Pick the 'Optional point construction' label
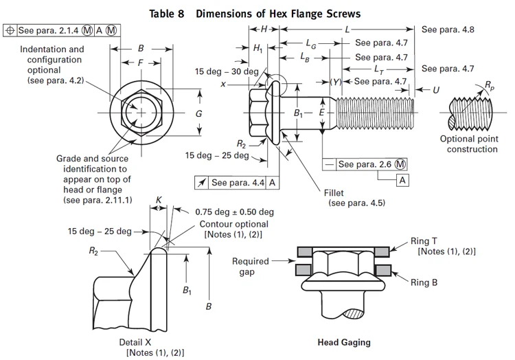(x=468, y=144)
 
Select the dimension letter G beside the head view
(x=198, y=114)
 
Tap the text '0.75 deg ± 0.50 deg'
(x=234, y=212)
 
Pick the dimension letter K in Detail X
(x=159, y=199)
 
